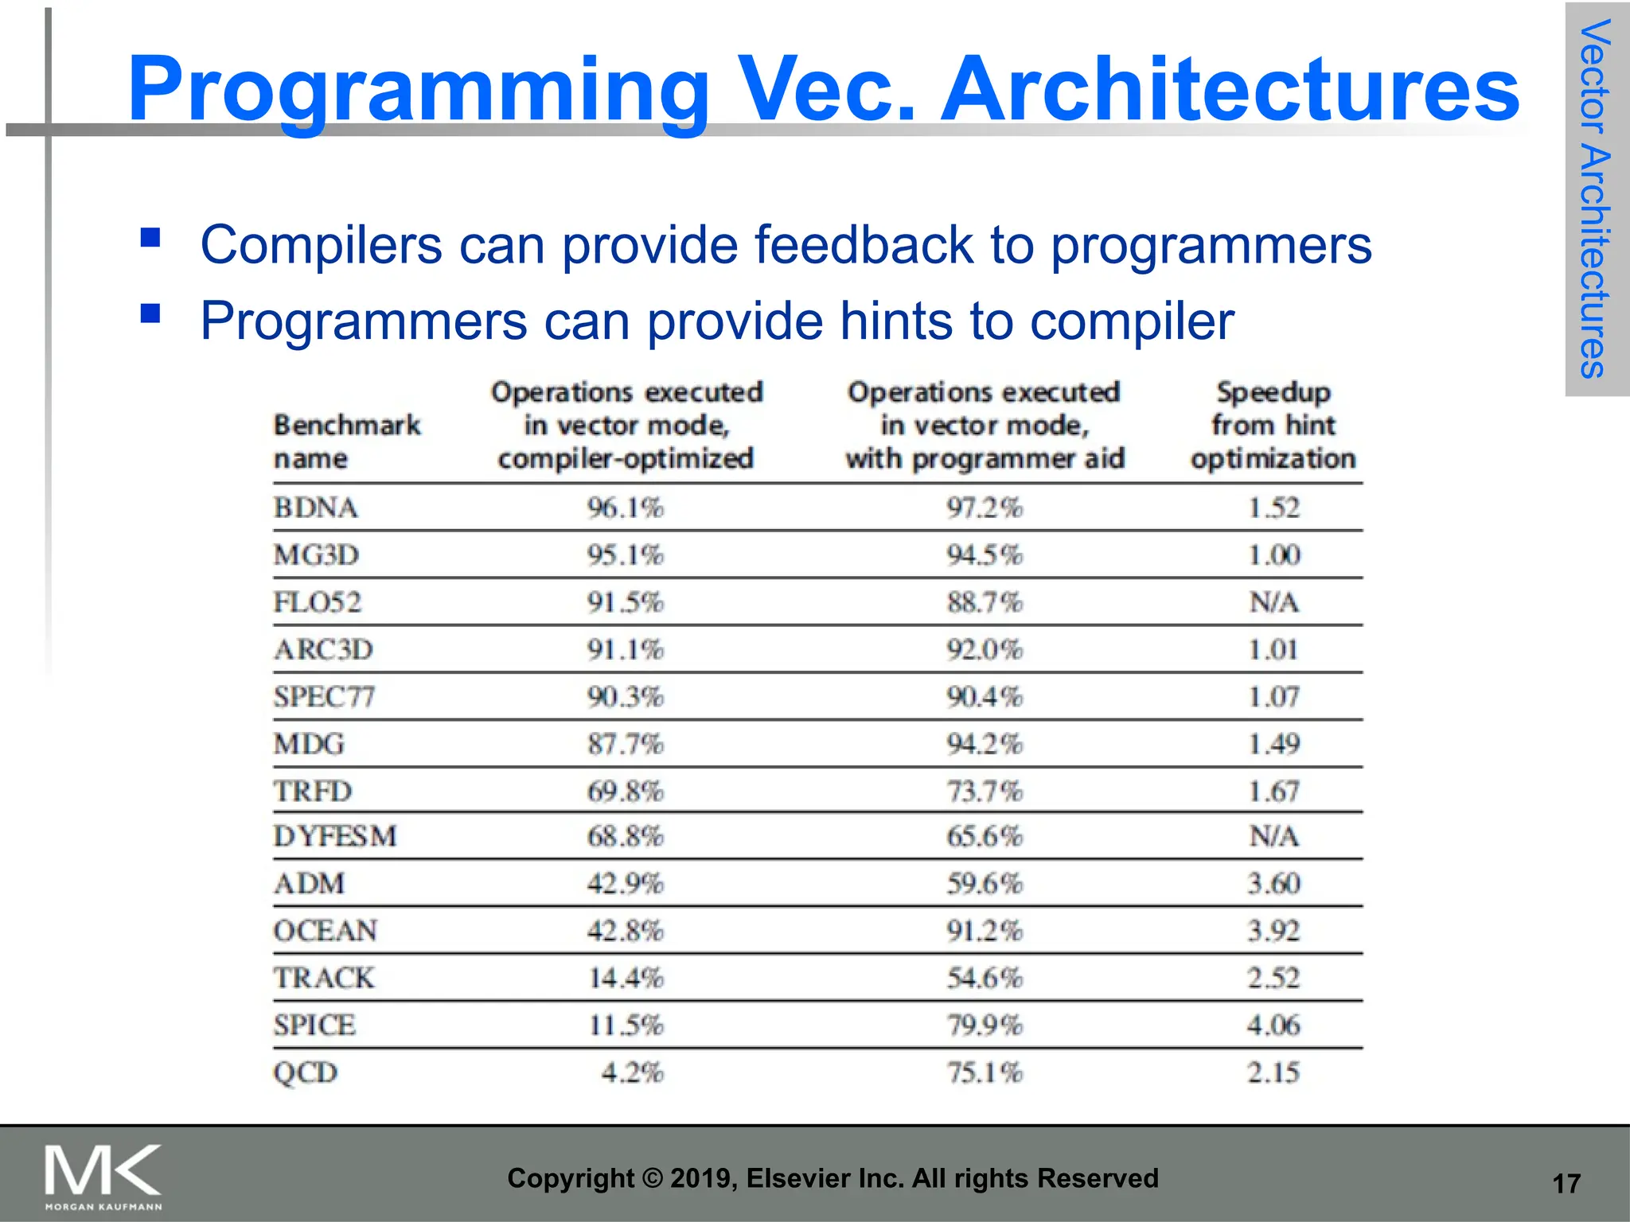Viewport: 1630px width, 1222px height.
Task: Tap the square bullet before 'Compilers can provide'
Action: pyautogui.click(x=150, y=237)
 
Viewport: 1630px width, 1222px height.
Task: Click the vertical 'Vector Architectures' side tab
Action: pyautogui.click(x=1595, y=199)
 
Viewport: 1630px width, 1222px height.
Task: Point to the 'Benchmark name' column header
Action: pyautogui.click(x=347, y=442)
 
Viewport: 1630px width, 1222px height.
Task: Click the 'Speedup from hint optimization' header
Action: pyautogui.click(x=1273, y=426)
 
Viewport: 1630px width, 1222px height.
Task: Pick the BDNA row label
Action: pyautogui.click(x=315, y=508)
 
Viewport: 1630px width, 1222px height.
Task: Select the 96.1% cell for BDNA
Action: pyautogui.click(x=626, y=508)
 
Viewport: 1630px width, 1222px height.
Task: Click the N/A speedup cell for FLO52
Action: pyautogui.click(x=1273, y=602)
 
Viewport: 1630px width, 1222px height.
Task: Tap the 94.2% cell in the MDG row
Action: pyautogui.click(x=984, y=744)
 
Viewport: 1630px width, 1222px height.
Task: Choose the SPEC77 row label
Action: pyautogui.click(x=324, y=697)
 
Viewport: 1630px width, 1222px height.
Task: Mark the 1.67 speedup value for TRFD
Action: pyautogui.click(x=1273, y=792)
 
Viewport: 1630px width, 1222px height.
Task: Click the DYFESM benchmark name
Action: pyautogui.click(x=334, y=836)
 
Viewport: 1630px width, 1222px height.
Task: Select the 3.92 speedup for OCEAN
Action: pyautogui.click(x=1273, y=930)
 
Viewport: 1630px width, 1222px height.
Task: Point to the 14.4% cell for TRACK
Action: pyautogui.click(x=626, y=978)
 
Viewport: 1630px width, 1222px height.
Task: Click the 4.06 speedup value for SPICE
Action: pyautogui.click(x=1273, y=1025)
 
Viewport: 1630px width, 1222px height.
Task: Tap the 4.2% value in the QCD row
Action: pyautogui.click(x=632, y=1072)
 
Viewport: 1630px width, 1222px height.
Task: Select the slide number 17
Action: pyautogui.click(x=1566, y=1184)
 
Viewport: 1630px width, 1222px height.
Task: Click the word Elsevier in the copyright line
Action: pyautogui.click(x=800, y=1178)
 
